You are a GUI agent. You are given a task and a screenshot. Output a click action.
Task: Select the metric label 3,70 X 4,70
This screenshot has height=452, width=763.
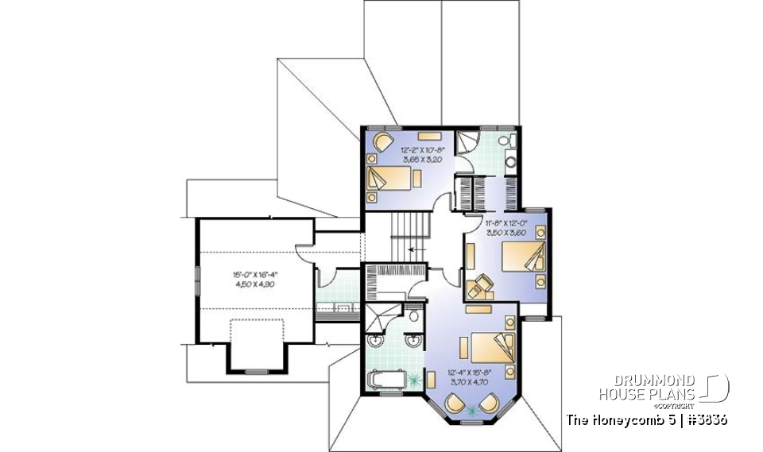471,382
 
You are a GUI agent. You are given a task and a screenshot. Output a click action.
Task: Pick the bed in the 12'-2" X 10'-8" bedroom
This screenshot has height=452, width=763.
388,177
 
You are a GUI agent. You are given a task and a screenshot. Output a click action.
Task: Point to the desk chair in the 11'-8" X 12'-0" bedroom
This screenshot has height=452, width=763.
478,288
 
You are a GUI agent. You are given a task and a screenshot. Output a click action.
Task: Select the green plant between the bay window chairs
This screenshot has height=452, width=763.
475,410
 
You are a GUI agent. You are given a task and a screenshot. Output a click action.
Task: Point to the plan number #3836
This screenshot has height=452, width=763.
704,419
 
